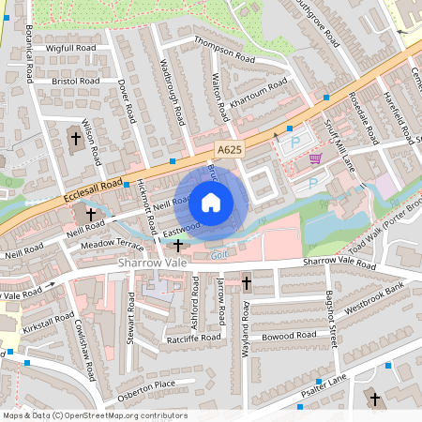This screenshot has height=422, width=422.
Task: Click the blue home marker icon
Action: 211,202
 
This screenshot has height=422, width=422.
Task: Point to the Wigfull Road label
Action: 71,47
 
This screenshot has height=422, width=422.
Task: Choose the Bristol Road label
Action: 77,82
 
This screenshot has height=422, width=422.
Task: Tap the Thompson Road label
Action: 224,50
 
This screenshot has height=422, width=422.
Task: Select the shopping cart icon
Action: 316,158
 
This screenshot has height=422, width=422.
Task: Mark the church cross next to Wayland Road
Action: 247,282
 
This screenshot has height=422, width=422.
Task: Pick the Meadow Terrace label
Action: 111,244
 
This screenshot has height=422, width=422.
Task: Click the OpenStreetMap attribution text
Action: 94,415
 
